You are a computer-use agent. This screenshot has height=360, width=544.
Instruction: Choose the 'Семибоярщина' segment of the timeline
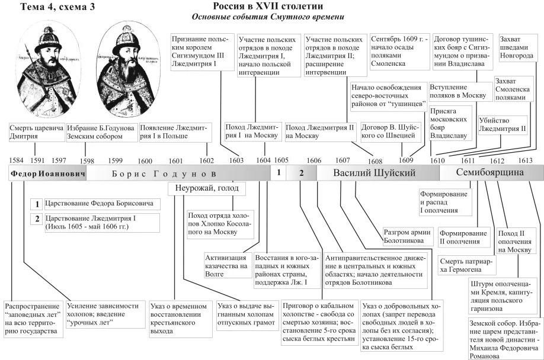tap(491, 173)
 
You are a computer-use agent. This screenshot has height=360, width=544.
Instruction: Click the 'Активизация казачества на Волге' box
tap(226, 267)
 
